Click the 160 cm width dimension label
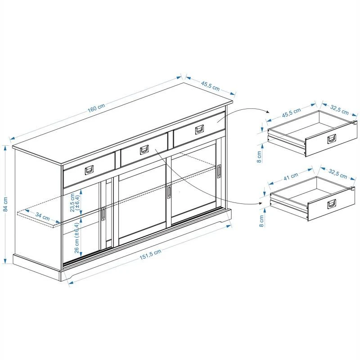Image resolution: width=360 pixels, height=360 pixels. pyautogui.click(x=96, y=108)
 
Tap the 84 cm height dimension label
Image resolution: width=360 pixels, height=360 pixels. pyautogui.click(x=6, y=204)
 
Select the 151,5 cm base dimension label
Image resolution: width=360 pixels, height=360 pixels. pyautogui.click(x=150, y=255)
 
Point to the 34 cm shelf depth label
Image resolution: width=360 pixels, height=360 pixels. pyautogui.click(x=42, y=216)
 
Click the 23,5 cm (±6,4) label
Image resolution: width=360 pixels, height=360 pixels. pyautogui.click(x=75, y=202)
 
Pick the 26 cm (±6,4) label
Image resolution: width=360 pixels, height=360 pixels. pyautogui.click(x=77, y=238)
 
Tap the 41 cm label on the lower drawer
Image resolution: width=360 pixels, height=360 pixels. pyautogui.click(x=291, y=176)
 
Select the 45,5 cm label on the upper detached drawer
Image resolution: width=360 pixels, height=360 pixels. pyautogui.click(x=291, y=113)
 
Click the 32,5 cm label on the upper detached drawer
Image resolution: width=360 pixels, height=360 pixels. pyautogui.click(x=339, y=110)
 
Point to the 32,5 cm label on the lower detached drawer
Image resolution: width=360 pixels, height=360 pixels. pyautogui.click(x=338, y=174)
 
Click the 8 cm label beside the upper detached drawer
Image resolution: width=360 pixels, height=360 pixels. pyautogui.click(x=259, y=157)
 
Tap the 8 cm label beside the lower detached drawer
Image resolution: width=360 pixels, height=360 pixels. pyautogui.click(x=261, y=221)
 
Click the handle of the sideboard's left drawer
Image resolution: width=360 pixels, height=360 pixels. pyautogui.click(x=89, y=170)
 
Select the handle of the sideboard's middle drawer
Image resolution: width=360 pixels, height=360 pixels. pyautogui.click(x=144, y=150)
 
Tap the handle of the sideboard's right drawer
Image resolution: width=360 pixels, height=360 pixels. pyautogui.click(x=199, y=130)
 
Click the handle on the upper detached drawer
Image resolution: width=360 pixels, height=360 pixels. pyautogui.click(x=332, y=139)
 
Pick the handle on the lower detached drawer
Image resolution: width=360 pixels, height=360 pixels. pyautogui.click(x=332, y=204)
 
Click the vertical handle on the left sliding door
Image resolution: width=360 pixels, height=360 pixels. pyautogui.click(x=103, y=214)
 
